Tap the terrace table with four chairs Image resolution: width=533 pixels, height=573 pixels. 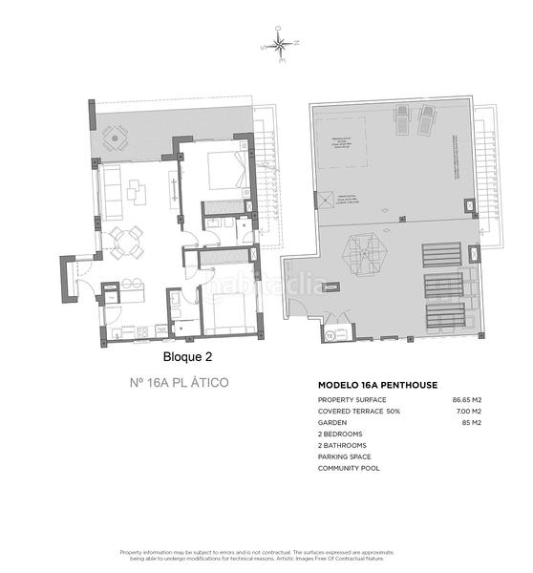(116, 139)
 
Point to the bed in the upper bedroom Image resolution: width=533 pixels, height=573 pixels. (226, 170)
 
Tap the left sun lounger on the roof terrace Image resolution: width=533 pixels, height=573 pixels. (404, 119)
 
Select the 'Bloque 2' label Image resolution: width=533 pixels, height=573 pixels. (186, 357)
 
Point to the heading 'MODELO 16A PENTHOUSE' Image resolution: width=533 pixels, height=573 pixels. (377, 385)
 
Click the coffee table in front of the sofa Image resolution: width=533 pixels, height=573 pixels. (136, 190)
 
